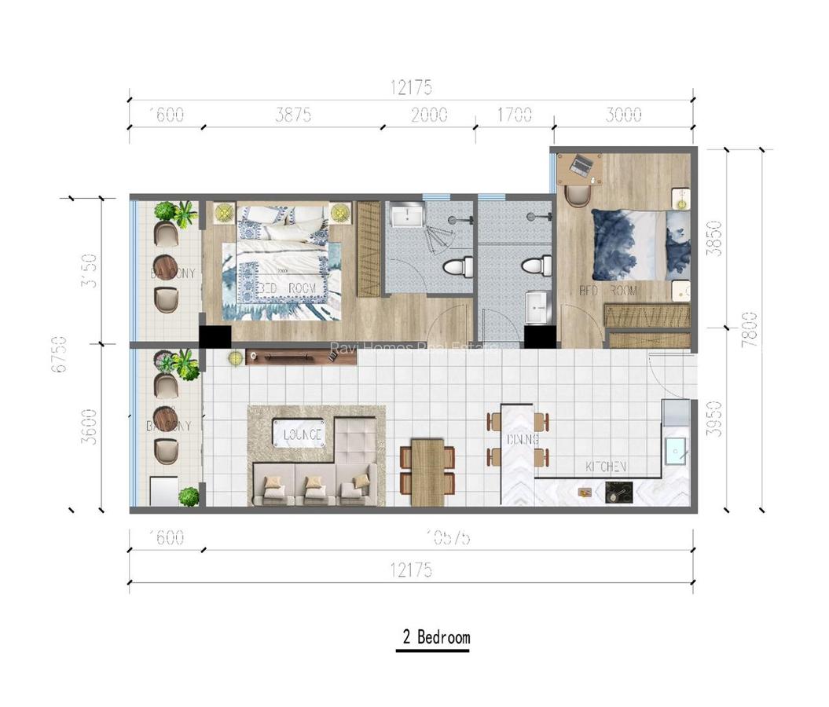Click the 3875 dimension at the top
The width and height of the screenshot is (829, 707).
[x=293, y=115]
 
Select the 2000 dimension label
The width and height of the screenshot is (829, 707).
[x=429, y=115]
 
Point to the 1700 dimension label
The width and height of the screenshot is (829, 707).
[x=514, y=115]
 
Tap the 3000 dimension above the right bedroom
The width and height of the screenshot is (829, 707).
[x=624, y=115]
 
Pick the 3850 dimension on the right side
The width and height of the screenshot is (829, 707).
[x=713, y=237]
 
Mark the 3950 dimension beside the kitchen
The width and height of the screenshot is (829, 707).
[x=713, y=418]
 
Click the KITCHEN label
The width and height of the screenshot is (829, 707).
[x=606, y=467]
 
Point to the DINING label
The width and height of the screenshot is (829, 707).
[x=523, y=440]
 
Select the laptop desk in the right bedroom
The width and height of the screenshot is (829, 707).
[x=580, y=167]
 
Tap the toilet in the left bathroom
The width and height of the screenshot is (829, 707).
[x=455, y=267]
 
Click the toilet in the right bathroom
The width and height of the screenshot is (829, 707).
[x=537, y=266]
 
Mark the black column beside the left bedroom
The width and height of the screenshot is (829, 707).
[x=215, y=336]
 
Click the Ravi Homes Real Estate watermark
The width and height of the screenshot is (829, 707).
[x=413, y=347]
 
